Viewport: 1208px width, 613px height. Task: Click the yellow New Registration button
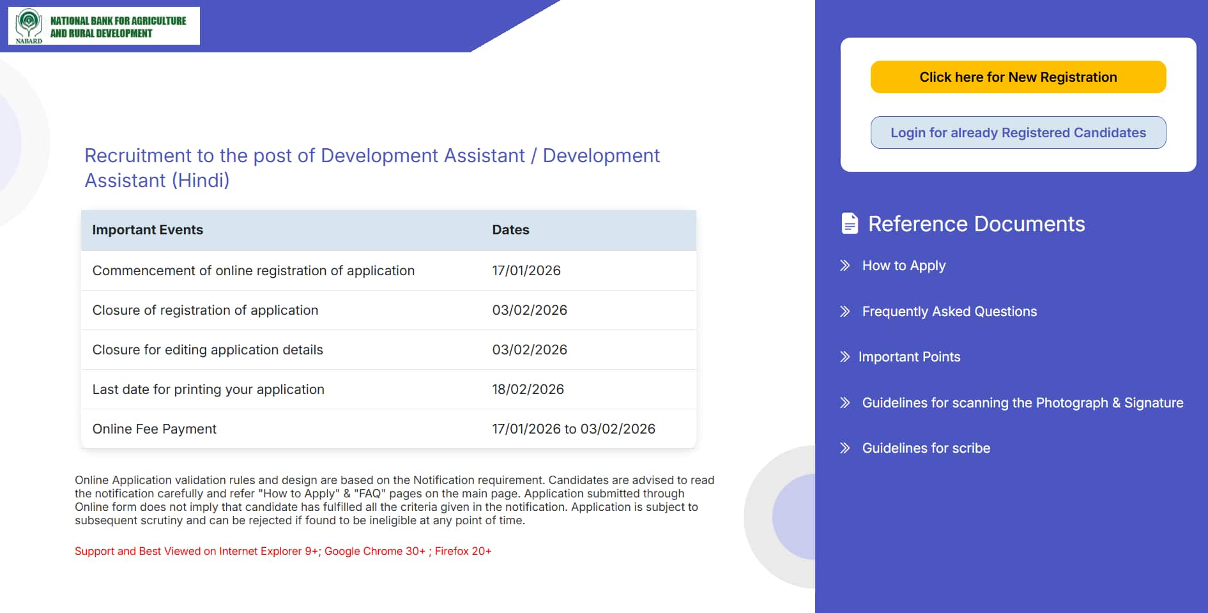[x=1018, y=77]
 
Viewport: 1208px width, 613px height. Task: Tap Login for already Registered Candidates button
[x=1018, y=133]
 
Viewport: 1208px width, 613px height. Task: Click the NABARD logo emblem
[x=29, y=24]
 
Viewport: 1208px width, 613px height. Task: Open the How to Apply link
[x=903, y=266]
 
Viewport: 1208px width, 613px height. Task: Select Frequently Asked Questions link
[x=949, y=312]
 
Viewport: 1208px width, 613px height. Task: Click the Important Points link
[x=908, y=357]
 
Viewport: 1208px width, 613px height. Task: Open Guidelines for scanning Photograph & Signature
[x=1022, y=403]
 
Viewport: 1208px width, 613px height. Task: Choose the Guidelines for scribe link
[x=926, y=448]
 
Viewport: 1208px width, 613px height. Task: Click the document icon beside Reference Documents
[x=850, y=223]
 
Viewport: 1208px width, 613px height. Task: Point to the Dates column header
[x=510, y=230]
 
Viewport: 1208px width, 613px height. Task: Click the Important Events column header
[x=148, y=230]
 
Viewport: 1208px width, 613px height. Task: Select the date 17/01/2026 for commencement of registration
[x=526, y=271]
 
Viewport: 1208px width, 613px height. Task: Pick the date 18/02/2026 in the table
[x=528, y=390]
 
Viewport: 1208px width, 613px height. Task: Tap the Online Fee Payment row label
[x=154, y=429]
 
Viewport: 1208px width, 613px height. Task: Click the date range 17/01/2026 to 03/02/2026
[x=573, y=429]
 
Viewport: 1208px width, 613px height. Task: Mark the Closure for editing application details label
[x=208, y=350]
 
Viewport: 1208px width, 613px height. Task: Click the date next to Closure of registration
[x=529, y=310]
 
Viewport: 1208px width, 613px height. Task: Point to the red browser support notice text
[x=282, y=551]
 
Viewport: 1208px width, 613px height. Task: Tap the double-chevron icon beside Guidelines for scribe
[x=845, y=448]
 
